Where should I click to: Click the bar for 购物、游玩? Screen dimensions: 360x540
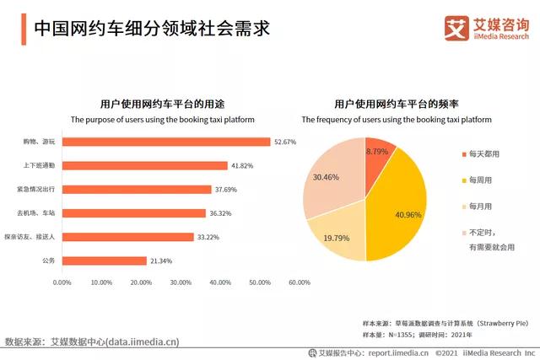pyautogui.click(x=165, y=142)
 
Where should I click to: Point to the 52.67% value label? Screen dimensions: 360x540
pyautogui.click(x=285, y=142)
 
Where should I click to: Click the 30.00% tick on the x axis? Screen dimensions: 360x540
pyautogui.click(x=181, y=282)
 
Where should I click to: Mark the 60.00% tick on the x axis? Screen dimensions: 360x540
pyautogui.click(x=299, y=282)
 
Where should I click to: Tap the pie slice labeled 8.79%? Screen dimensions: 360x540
pyautogui.click(x=377, y=152)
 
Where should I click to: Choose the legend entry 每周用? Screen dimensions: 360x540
pyautogui.click(x=480, y=180)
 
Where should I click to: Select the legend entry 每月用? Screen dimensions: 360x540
pyautogui.click(x=480, y=206)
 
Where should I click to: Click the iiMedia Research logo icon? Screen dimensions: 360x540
pyautogui.click(x=456, y=27)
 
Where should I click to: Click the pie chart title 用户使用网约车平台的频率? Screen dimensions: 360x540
pyautogui.click(x=396, y=105)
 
